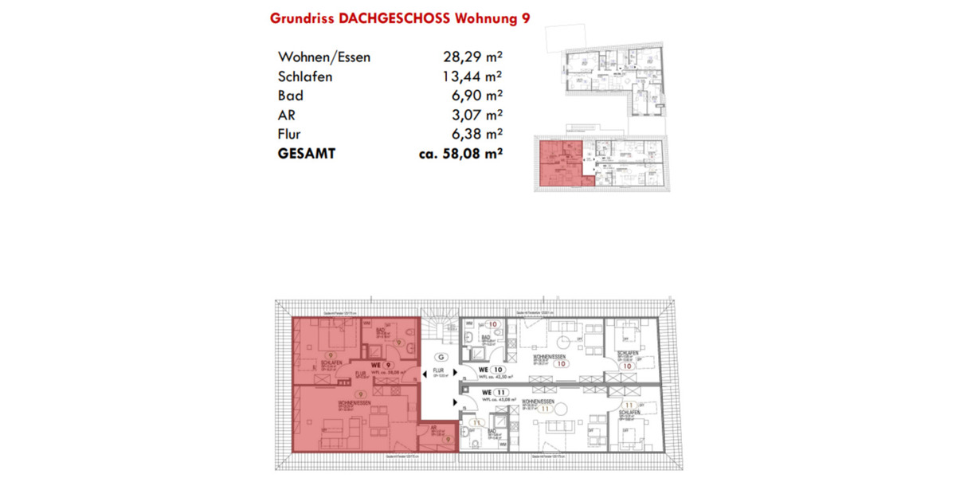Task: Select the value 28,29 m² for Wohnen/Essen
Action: click(472, 57)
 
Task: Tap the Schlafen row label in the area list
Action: click(305, 76)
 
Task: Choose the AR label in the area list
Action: click(287, 115)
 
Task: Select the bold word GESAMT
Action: click(307, 154)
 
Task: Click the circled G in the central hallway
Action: click(441, 357)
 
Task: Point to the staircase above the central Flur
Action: click(439, 328)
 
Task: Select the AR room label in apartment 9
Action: click(433, 428)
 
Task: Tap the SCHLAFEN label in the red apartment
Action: click(331, 362)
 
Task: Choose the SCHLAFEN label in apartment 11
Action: click(627, 413)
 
